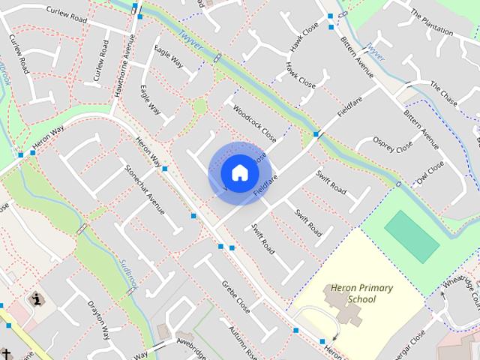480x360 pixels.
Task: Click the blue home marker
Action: tap(239, 172)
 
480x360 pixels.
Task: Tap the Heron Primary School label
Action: tap(351, 293)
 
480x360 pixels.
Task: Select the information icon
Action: tap(36, 300)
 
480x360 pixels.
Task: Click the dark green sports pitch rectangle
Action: tap(412, 236)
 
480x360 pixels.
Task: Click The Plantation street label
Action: tap(431, 23)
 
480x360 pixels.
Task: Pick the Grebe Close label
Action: tap(235, 295)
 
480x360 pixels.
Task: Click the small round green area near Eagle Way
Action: tap(199, 106)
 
